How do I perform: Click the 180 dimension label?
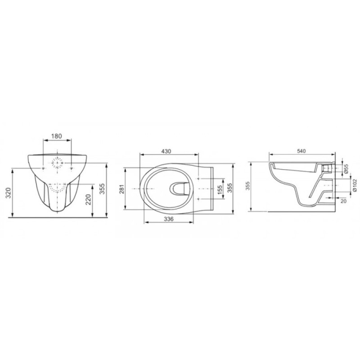tap(57, 136)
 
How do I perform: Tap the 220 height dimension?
tap(88, 199)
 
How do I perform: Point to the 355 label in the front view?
tap(103, 189)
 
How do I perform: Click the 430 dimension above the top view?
tap(166, 151)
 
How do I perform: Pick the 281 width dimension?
tap(121, 189)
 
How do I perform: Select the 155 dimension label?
tap(220, 190)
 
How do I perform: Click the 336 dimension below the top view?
tap(169, 219)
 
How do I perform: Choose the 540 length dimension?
tap(301, 151)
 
